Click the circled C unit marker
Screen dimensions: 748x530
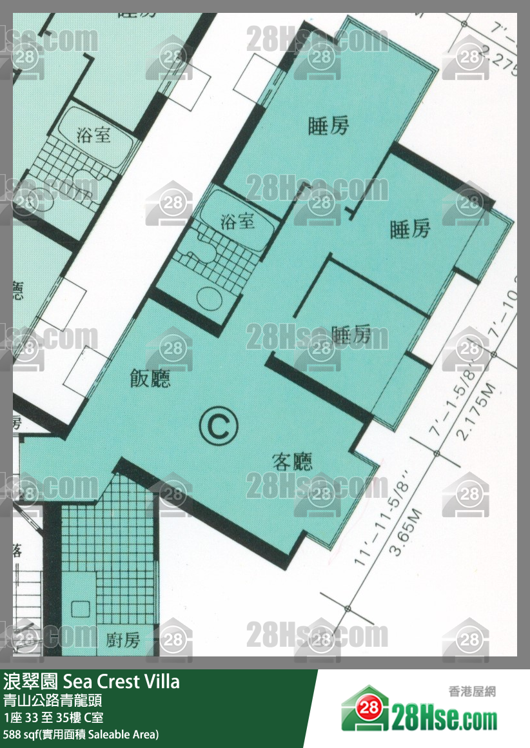[x=219, y=425]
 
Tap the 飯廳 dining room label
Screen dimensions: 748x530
[x=150, y=379]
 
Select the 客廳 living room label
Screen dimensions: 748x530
[x=292, y=462]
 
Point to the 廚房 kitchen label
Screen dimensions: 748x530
[x=123, y=640]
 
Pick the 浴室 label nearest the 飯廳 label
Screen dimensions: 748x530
[x=237, y=222]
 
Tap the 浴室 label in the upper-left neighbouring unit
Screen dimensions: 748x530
[x=93, y=135]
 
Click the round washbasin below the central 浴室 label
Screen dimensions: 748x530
[x=209, y=299]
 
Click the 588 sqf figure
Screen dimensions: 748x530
[x=19, y=734]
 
